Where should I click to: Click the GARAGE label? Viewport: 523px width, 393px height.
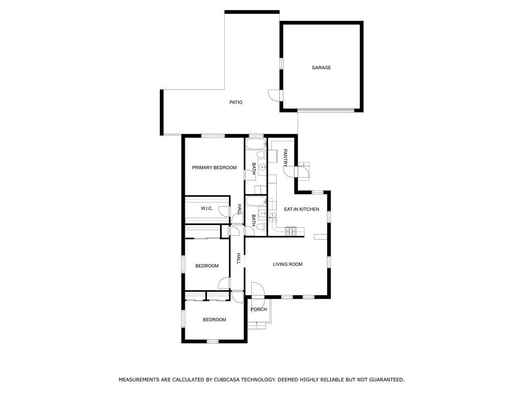[321, 68]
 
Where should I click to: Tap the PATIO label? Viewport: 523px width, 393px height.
[236, 102]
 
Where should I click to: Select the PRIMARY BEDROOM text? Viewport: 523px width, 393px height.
[214, 167]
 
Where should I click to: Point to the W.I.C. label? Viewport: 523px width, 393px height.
[207, 209]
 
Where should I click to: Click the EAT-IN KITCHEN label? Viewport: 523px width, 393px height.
[301, 209]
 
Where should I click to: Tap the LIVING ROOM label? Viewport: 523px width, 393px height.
[288, 265]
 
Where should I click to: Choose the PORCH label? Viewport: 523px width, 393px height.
[259, 310]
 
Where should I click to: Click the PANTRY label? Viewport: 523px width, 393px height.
[285, 158]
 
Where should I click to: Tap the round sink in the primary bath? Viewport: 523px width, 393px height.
[263, 166]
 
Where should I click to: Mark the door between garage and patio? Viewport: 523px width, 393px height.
[275, 95]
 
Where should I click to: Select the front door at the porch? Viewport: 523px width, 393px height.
[257, 290]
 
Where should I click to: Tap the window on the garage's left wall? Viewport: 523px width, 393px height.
[281, 63]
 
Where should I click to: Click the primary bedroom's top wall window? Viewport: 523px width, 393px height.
[213, 136]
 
